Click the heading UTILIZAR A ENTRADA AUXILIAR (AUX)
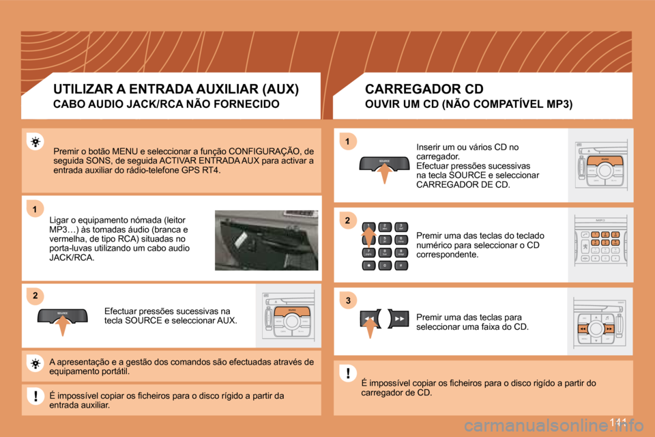176,89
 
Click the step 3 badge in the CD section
347,300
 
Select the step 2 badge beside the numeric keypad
347,221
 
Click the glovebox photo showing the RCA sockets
266,240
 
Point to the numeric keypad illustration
384,246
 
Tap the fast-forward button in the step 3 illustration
400,319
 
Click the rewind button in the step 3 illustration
368,319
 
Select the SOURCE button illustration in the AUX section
62,315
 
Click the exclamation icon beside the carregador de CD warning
347,373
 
